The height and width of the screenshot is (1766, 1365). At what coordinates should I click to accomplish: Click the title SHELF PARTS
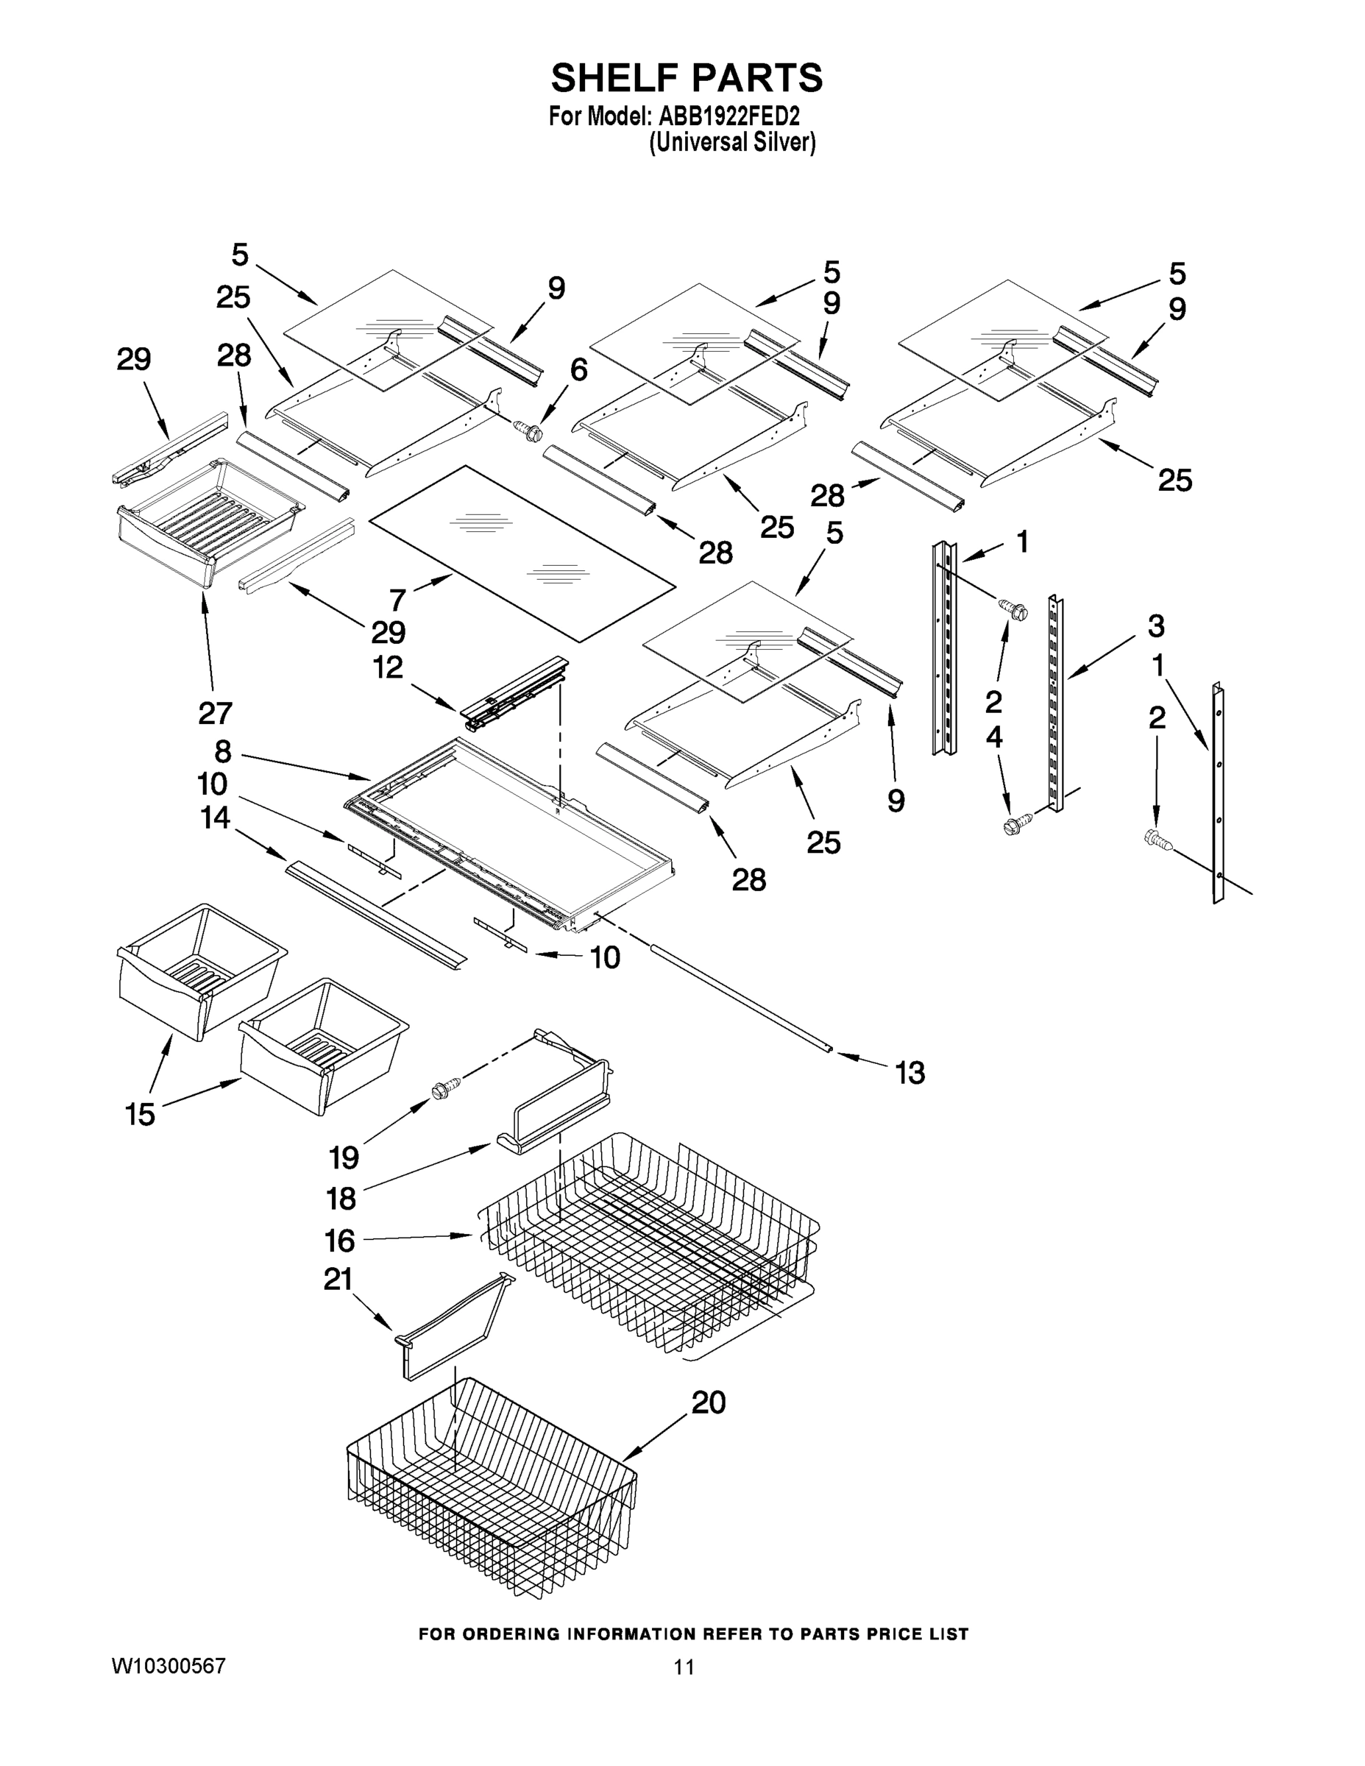(687, 79)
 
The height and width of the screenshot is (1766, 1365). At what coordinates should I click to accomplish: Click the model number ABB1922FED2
(728, 116)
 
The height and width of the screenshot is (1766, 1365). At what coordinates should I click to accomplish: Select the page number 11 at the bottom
(684, 1667)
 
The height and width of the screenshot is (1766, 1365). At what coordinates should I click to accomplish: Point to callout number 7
(397, 600)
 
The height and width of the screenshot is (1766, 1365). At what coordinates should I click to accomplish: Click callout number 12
(387, 667)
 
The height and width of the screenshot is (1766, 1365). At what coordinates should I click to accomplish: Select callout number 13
(910, 1072)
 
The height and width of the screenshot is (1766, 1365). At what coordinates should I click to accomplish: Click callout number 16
(340, 1241)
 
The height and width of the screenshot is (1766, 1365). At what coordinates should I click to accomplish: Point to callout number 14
(215, 818)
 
